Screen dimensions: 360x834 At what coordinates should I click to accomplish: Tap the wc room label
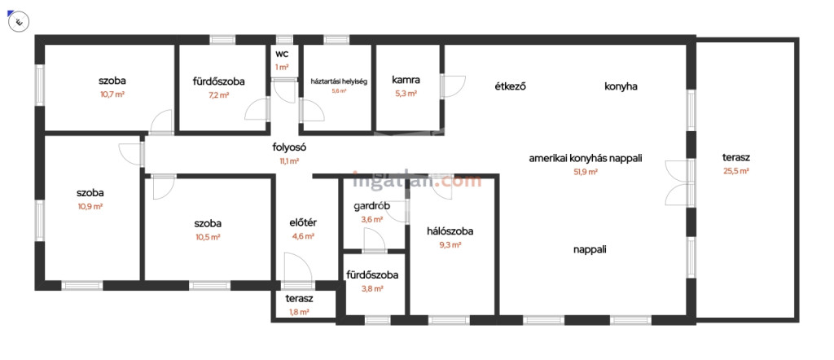pyautogui.click(x=283, y=55)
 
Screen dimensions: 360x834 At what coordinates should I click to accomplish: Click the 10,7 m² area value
pyautogui.click(x=112, y=94)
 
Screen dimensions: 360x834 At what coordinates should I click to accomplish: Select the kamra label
pyautogui.click(x=406, y=81)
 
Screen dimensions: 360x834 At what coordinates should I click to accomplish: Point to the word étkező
pyautogui.click(x=510, y=86)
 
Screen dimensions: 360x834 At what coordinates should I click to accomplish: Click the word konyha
pyautogui.click(x=621, y=86)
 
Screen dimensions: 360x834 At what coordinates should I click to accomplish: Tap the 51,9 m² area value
pyautogui.click(x=586, y=172)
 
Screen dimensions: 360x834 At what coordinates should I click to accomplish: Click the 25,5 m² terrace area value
pyautogui.click(x=735, y=171)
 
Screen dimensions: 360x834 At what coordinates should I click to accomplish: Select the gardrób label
pyautogui.click(x=371, y=206)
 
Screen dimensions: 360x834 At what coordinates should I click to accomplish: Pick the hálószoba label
pyautogui.click(x=450, y=230)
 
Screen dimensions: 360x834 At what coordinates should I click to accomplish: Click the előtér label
pyautogui.click(x=302, y=222)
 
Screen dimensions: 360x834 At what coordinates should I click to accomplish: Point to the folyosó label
pyautogui.click(x=288, y=147)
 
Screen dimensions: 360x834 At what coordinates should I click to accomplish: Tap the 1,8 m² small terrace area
pyautogui.click(x=299, y=312)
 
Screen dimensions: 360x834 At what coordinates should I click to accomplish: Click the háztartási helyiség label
pyautogui.click(x=339, y=81)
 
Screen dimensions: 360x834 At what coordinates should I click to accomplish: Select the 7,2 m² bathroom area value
pyautogui.click(x=219, y=94)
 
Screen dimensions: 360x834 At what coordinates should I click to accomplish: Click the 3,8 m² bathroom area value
pyautogui.click(x=371, y=288)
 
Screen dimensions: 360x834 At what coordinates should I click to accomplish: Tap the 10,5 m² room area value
pyautogui.click(x=208, y=237)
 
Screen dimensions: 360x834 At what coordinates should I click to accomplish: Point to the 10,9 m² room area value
pyautogui.click(x=90, y=207)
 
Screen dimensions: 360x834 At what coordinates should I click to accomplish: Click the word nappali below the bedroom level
pyautogui.click(x=589, y=250)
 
